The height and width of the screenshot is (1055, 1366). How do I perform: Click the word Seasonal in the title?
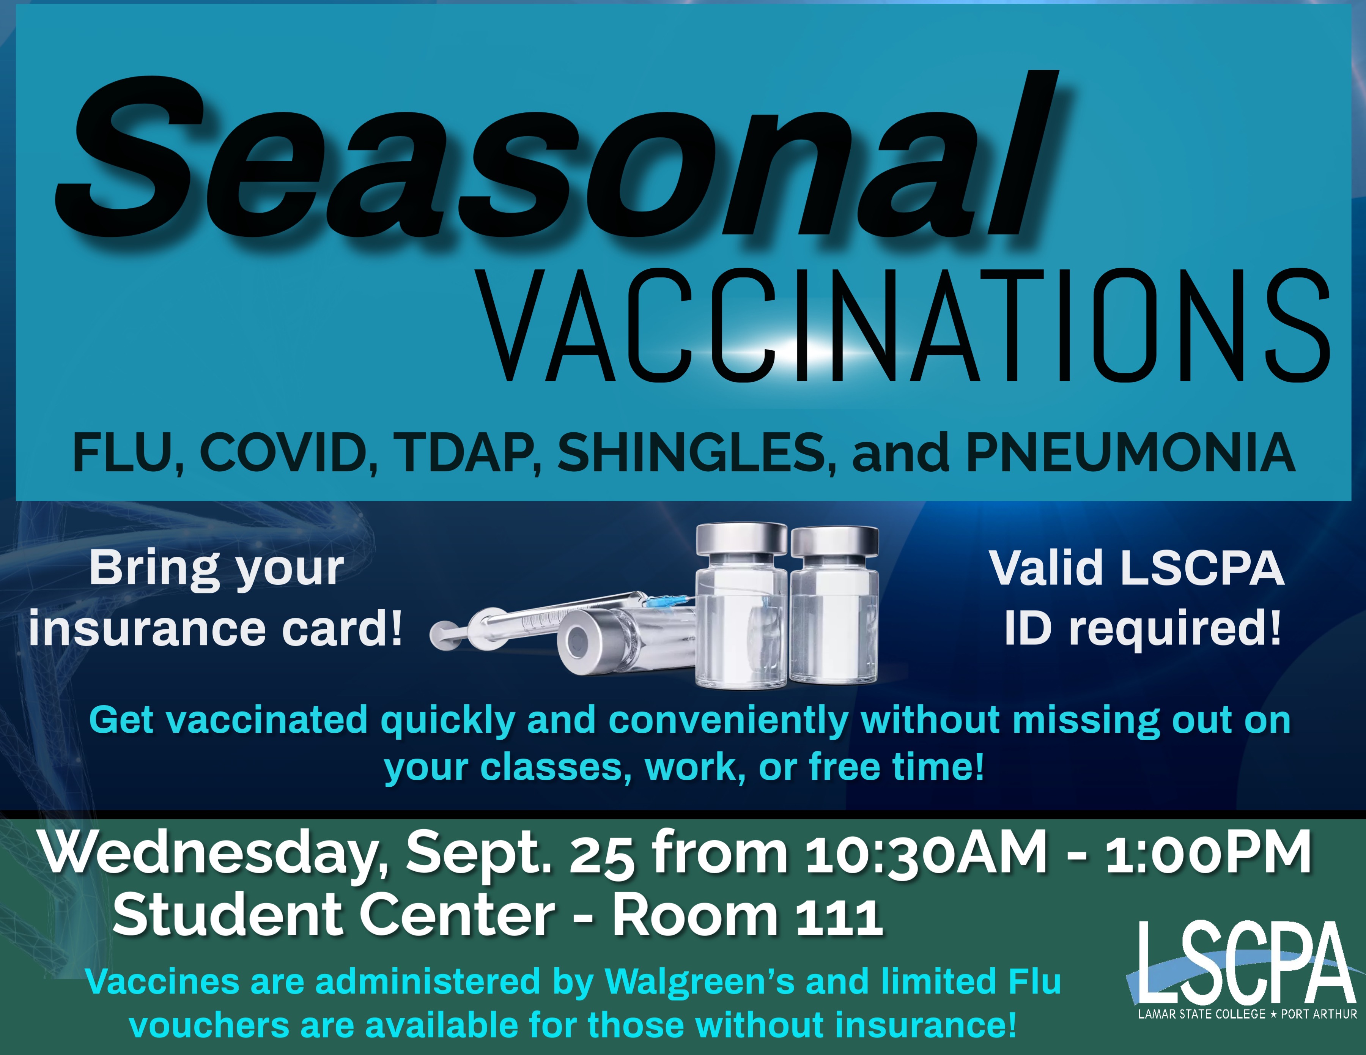point(557,156)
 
